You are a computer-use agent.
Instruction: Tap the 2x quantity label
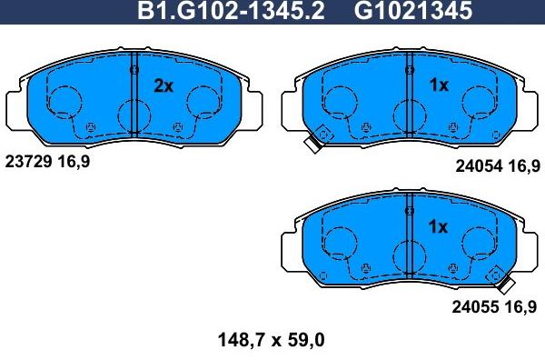pos(163,85)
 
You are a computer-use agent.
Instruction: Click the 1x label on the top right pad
pos(438,85)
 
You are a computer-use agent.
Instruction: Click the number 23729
pos(26,162)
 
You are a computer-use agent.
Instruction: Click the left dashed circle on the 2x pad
pos(64,102)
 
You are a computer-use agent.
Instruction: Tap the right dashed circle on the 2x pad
pos(201,102)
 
